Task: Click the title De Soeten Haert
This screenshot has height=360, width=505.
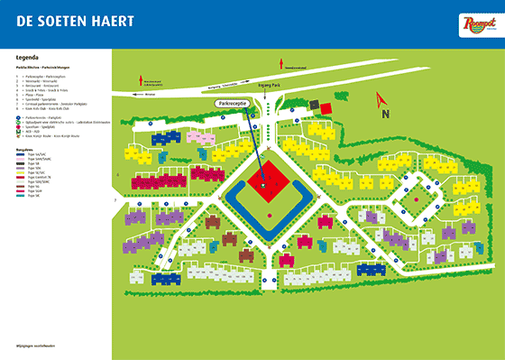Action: pyautogui.click(x=59, y=20)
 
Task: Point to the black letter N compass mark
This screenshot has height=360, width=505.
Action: pyautogui.click(x=385, y=115)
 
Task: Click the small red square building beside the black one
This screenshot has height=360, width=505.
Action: pyautogui.click(x=326, y=107)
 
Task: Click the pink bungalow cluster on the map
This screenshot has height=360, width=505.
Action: pyautogui.click(x=198, y=136)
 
